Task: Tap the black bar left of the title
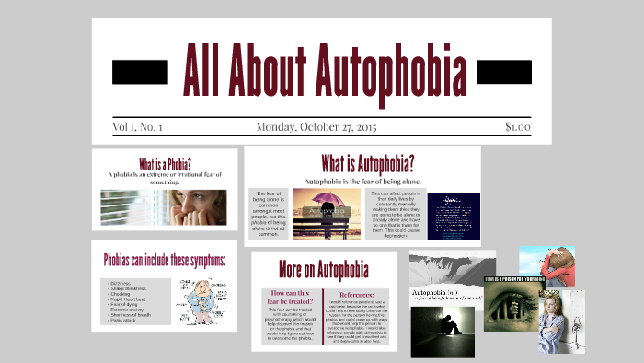[140, 70]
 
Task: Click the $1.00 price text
[517, 127]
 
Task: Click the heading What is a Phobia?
[165, 161]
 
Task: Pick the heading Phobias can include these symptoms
[165, 260]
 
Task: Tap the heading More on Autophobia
[323, 270]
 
